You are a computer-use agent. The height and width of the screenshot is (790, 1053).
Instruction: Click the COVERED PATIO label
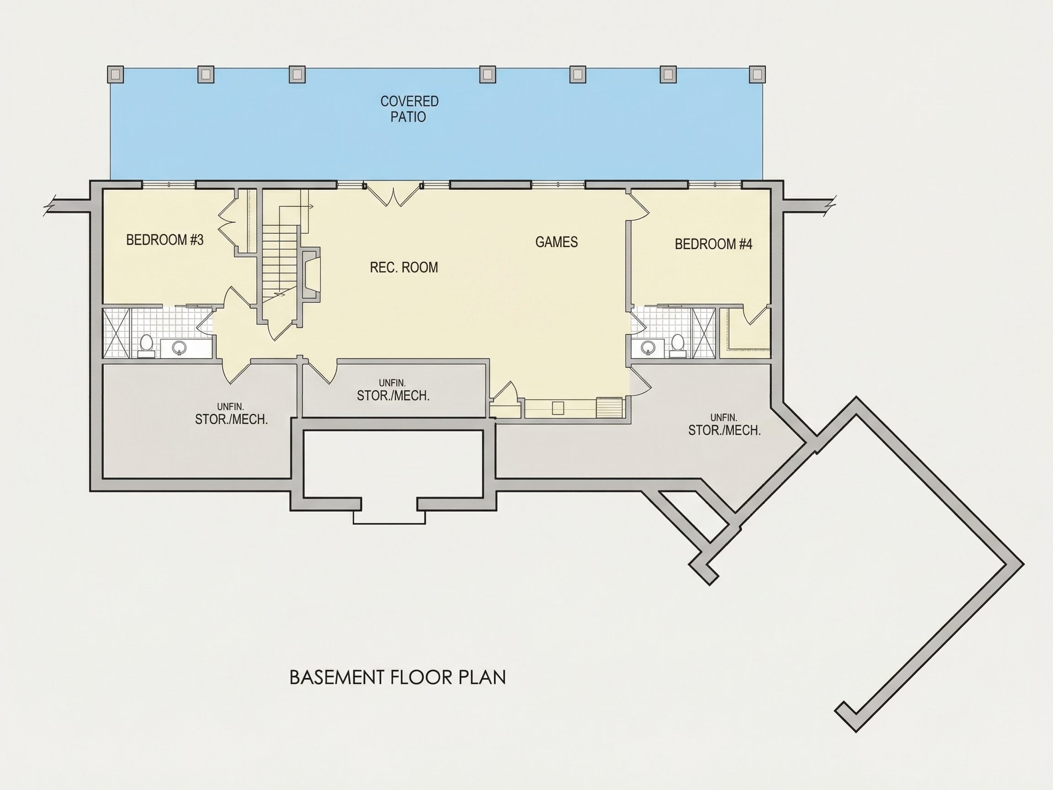(409, 109)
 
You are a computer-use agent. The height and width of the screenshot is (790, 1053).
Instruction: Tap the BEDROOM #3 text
(165, 240)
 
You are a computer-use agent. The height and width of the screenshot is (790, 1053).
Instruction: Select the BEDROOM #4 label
(713, 244)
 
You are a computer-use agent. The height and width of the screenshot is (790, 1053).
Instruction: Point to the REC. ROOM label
(404, 267)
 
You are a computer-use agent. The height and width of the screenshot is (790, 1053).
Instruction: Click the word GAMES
(557, 242)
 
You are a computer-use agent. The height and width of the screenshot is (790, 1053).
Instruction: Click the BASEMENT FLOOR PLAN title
(398, 677)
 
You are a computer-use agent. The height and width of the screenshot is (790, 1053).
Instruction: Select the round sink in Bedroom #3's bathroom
(179, 347)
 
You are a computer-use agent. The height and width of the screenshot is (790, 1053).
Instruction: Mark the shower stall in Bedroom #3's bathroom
(116, 333)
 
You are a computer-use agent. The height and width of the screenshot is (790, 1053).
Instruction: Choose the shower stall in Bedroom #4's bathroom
(703, 333)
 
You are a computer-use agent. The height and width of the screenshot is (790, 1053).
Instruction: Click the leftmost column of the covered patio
(115, 74)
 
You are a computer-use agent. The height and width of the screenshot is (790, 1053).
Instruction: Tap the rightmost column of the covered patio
(757, 74)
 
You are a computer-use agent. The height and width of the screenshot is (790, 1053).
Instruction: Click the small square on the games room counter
(558, 408)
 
